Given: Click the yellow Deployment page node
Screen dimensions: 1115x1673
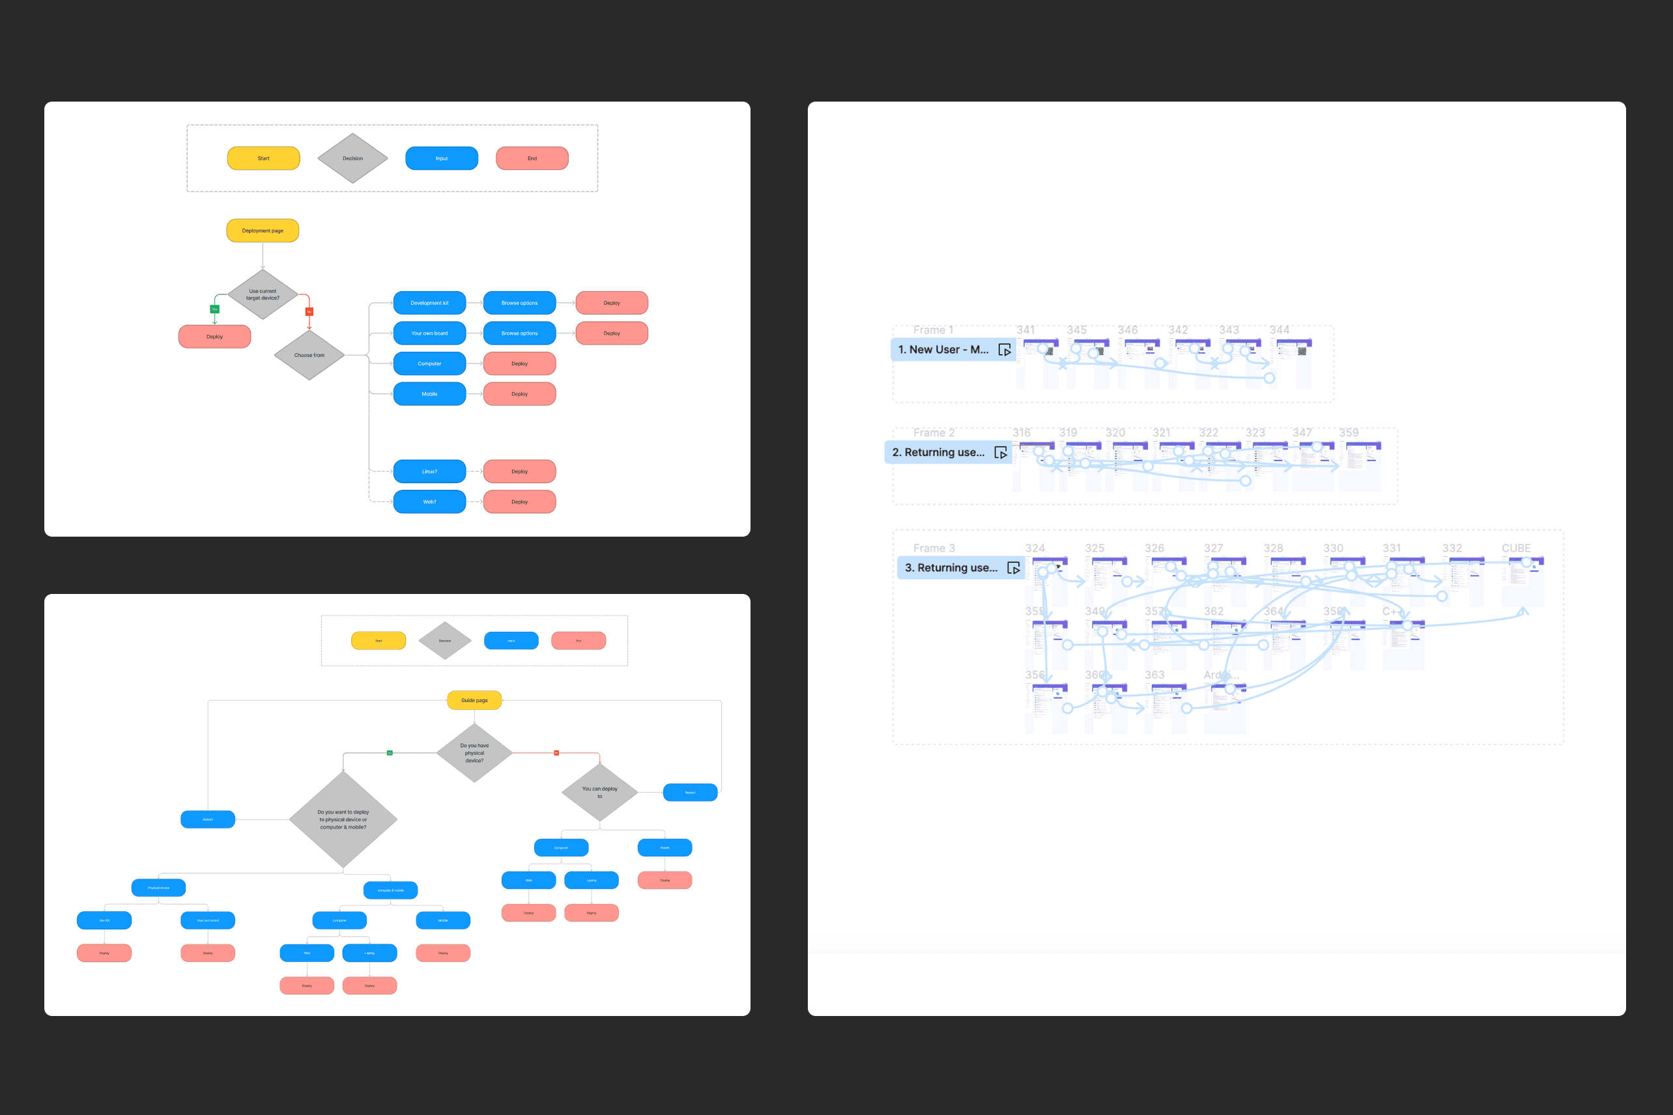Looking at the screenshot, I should point(263,231).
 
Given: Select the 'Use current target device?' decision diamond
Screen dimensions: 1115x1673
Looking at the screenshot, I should point(263,294).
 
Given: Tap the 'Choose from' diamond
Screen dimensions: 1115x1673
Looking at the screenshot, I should point(309,355).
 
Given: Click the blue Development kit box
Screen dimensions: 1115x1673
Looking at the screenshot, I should point(429,303).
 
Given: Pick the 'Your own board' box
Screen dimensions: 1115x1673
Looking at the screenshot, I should point(429,333).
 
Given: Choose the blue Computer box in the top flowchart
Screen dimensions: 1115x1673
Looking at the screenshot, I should point(429,363).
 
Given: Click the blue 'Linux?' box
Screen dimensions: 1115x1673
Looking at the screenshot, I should point(429,472).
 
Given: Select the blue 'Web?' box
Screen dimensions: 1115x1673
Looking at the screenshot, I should point(429,502).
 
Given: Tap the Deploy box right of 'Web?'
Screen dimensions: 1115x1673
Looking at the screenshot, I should point(519,502).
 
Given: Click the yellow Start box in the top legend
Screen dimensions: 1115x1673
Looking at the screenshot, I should point(263,158).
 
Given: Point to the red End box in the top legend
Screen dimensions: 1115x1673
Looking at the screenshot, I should point(532,158).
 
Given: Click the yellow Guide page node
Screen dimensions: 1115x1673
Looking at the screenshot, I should point(474,700).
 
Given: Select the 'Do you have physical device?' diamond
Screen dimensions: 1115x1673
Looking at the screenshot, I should point(474,753).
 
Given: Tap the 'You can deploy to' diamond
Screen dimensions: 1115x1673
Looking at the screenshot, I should point(599,792).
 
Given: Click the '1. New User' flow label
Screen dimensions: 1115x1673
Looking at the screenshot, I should point(943,350).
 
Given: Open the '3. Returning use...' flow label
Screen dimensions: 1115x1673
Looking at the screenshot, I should point(951,568).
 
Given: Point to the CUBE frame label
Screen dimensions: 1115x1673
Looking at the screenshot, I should point(1516,548).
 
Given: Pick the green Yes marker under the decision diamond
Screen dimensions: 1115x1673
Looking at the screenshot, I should point(215,309).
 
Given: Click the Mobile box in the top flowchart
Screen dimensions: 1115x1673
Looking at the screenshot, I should point(429,394).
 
